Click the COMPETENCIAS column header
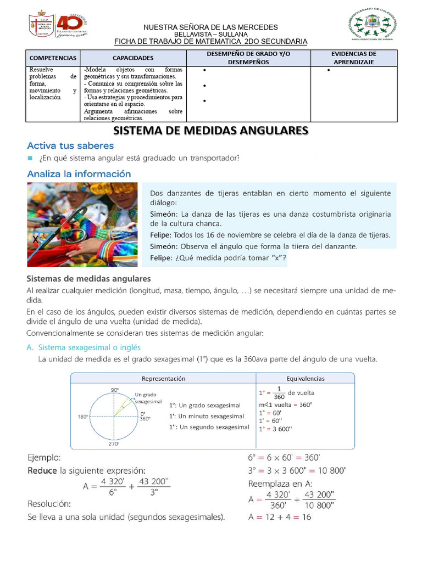(x=52, y=58)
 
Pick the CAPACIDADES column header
(x=133, y=58)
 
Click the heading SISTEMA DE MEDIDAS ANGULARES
(x=210, y=131)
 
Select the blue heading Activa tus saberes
(x=70, y=146)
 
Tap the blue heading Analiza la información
(x=79, y=174)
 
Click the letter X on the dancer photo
(x=35, y=240)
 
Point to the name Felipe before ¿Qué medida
(x=162, y=258)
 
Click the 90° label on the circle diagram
(x=115, y=390)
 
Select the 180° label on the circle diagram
(x=83, y=417)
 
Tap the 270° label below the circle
(x=114, y=444)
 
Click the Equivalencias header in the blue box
(x=306, y=378)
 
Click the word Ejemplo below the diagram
(x=45, y=457)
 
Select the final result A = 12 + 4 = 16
(x=280, y=517)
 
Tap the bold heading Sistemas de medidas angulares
(x=88, y=279)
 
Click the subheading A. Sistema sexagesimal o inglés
(x=84, y=347)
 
